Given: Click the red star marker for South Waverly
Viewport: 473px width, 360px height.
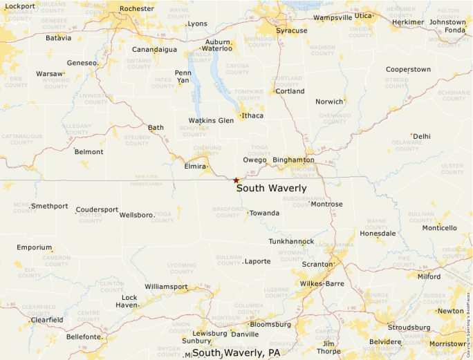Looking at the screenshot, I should pyautogui.click(x=236, y=180).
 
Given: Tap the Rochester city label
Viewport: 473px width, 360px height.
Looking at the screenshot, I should pyautogui.click(x=136, y=8).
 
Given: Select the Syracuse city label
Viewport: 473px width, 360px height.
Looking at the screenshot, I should pyautogui.click(x=291, y=30).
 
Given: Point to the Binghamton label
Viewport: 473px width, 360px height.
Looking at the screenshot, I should pyautogui.click(x=293, y=160).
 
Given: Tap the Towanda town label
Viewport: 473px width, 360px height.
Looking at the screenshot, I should pyautogui.click(x=264, y=213).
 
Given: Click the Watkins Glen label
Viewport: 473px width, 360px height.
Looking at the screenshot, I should pyautogui.click(x=211, y=120).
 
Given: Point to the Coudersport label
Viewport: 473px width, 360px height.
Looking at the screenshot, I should pyautogui.click(x=97, y=209).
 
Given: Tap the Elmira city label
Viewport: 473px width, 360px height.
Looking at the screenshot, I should pyautogui.click(x=196, y=167).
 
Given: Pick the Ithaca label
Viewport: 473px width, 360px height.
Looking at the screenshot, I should pyautogui.click(x=252, y=115).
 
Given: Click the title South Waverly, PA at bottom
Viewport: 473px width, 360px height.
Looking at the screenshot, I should pyautogui.click(x=236, y=352).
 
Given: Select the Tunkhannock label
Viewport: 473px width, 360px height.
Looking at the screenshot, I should pyautogui.click(x=291, y=241).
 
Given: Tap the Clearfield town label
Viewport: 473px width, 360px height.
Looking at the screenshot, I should pyautogui.click(x=46, y=320).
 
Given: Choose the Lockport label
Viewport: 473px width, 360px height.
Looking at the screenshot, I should pyautogui.click(x=19, y=6).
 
